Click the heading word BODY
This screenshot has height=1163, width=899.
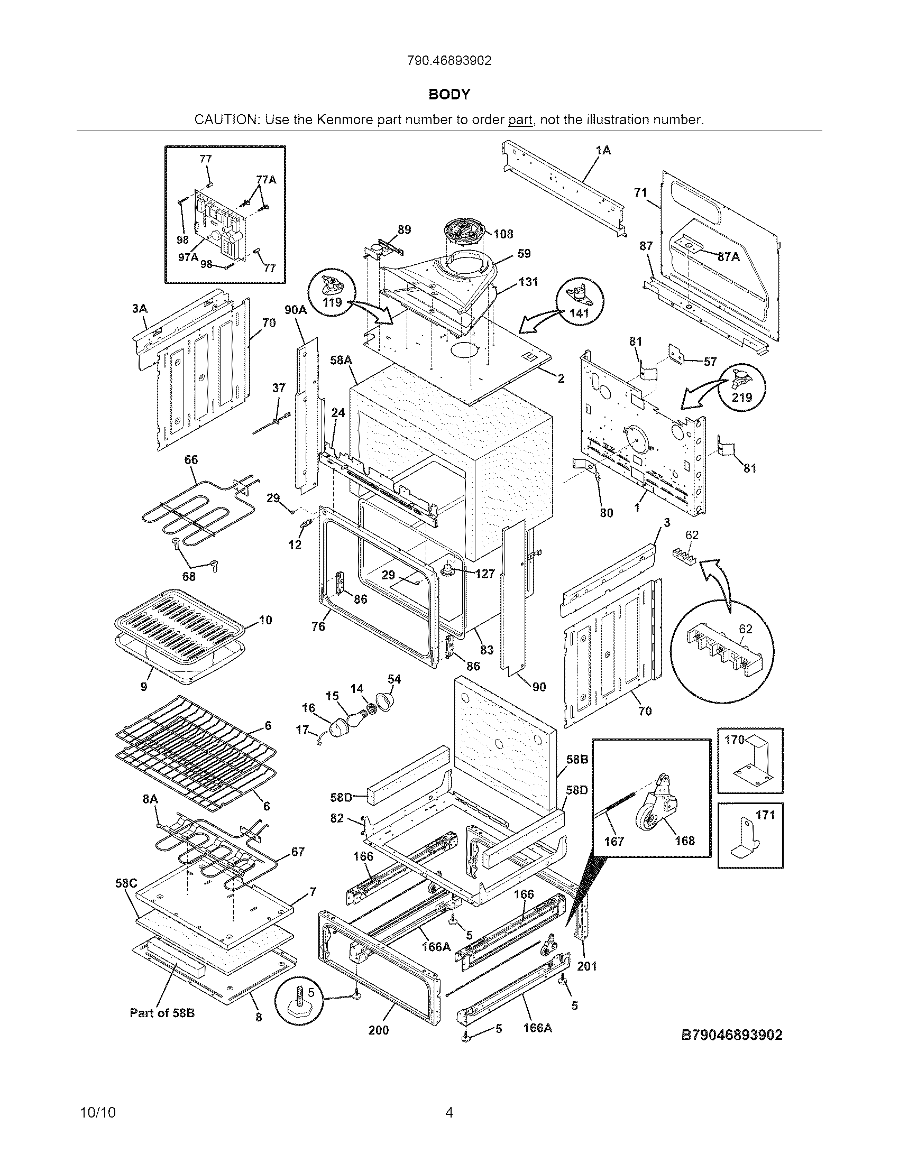pos(449,95)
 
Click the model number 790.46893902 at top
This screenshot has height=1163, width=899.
pos(449,61)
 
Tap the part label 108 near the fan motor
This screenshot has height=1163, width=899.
pos(503,234)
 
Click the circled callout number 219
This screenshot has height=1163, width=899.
pos(742,396)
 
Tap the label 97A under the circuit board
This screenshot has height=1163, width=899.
pos(188,257)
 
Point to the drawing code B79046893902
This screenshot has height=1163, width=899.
pos(732,1035)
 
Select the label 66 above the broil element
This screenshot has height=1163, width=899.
pos(191,459)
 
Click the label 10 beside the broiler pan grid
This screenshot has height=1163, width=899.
pos(265,620)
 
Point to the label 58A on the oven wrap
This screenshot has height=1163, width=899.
pos(341,361)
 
